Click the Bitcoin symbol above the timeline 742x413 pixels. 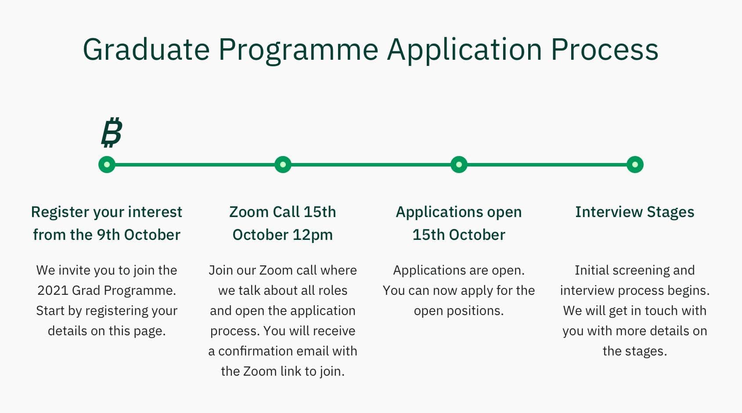click(112, 132)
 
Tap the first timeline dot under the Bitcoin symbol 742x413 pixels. click(107, 164)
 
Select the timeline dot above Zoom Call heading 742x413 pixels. click(283, 164)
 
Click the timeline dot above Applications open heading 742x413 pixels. click(459, 164)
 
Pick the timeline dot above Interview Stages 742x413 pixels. click(635, 164)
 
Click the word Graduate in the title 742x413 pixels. click(146, 49)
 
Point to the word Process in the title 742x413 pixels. click(605, 49)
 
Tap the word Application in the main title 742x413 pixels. click(465, 50)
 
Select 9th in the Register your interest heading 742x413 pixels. click(108, 235)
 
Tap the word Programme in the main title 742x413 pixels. click(299, 50)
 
